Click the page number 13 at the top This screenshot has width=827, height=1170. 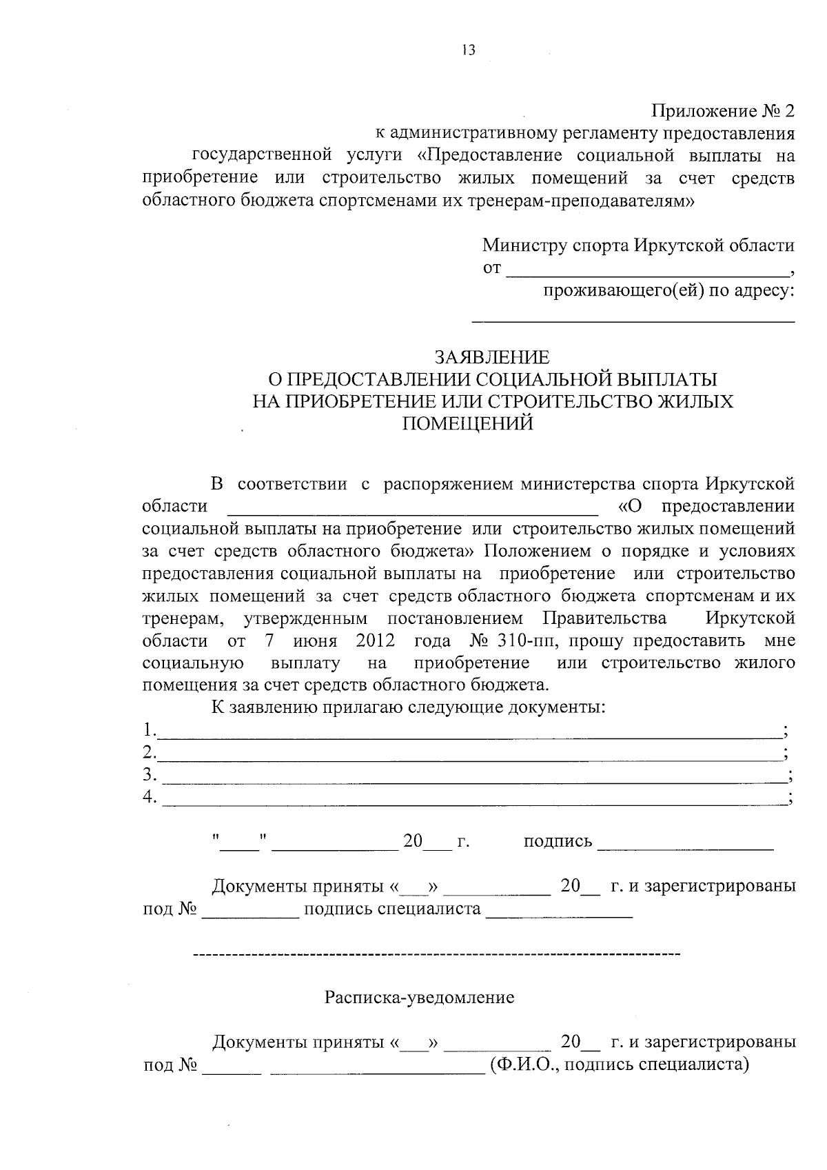tap(469, 50)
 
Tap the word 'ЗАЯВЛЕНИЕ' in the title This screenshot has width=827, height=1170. tap(491, 357)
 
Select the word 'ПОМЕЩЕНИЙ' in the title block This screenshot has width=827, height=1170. tap(467, 423)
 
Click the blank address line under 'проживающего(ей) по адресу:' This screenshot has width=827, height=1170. tap(633, 320)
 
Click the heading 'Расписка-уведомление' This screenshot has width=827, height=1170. tap(420, 998)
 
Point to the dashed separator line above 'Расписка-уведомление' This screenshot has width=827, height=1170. tap(436, 955)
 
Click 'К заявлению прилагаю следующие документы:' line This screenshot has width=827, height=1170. tap(408, 707)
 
